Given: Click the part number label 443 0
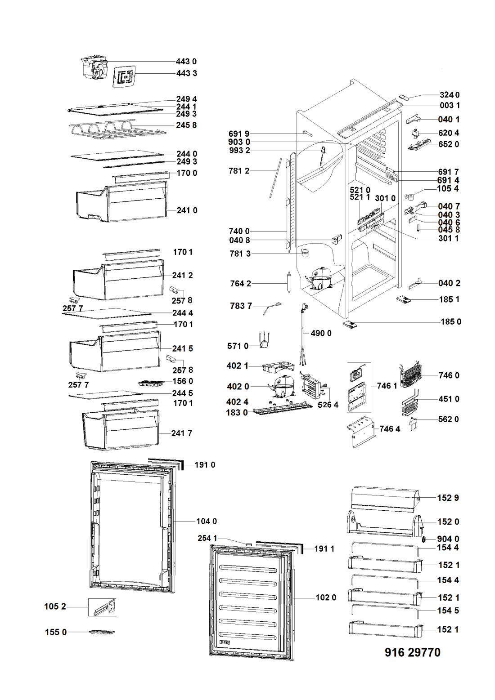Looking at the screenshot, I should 186,62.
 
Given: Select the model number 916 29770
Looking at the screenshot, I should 412,652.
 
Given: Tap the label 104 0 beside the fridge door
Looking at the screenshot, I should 207,521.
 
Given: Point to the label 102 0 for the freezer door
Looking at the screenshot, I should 326,597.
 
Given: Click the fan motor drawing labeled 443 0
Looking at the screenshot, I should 95,69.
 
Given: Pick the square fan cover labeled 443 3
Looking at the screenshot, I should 124,76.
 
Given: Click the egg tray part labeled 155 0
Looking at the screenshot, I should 102,632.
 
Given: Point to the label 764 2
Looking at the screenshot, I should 240,283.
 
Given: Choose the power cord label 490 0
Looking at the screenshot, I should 321,333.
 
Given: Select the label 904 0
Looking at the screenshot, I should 448,539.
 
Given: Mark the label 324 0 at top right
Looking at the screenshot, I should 449,95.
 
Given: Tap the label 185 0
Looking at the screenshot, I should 450,321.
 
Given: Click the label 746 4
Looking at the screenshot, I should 390,428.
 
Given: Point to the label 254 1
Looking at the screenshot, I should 207,538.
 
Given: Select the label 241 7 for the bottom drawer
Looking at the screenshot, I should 181,433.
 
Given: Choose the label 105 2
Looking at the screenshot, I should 55,606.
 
